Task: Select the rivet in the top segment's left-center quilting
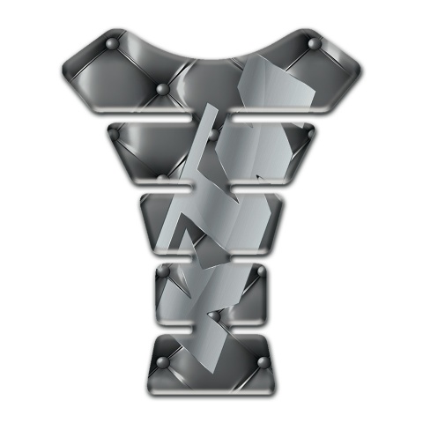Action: (160, 89)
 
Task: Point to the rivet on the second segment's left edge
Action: (114, 133)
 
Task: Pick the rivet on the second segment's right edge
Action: (308, 132)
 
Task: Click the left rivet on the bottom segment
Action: (161, 360)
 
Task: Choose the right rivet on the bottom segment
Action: (262, 360)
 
